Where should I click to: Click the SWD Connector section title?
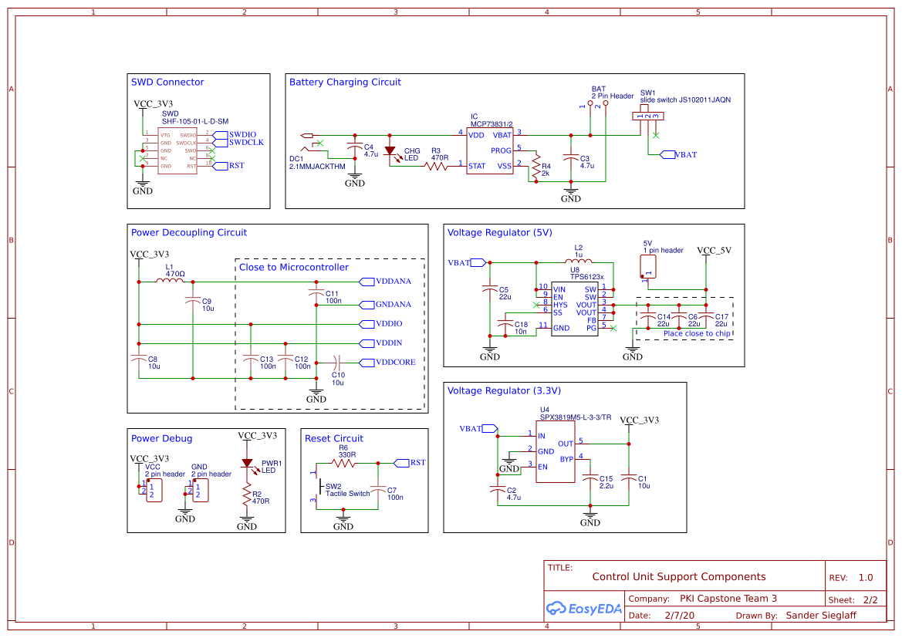[x=167, y=83]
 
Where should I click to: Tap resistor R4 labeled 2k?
[x=535, y=167]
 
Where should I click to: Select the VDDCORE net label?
[x=395, y=363]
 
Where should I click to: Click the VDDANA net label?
[x=393, y=282]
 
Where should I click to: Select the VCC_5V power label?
[x=714, y=251]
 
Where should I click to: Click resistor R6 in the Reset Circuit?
[x=343, y=463]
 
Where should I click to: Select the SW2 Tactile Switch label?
[x=346, y=490]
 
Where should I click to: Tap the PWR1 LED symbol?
[x=247, y=464]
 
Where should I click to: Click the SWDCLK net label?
[x=246, y=143]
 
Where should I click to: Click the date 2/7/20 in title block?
[x=679, y=616]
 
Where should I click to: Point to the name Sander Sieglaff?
[x=821, y=616]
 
